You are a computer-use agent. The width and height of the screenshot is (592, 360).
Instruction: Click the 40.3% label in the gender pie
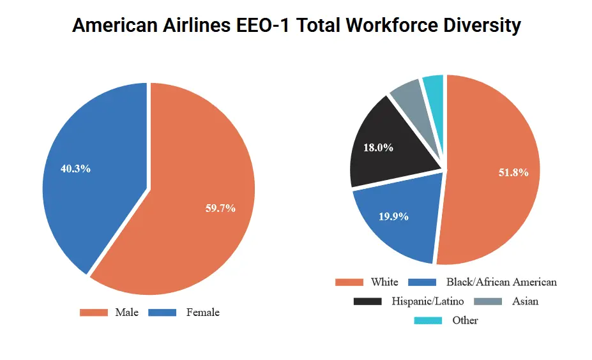coord(75,169)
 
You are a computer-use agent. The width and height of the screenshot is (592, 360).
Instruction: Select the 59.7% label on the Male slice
coord(220,208)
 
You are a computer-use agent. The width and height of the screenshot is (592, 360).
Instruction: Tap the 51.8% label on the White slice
coord(513,172)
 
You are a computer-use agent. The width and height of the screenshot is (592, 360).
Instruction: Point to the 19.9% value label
coord(393,216)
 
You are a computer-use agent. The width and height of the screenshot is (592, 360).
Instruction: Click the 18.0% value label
coord(378,147)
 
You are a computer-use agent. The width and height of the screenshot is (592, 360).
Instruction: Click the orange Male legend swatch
coord(93,313)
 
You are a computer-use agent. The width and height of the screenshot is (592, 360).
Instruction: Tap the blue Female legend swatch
coord(162,313)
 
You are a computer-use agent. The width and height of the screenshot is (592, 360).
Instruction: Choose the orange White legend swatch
coord(349,282)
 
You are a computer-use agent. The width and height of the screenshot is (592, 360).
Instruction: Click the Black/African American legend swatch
coord(421,282)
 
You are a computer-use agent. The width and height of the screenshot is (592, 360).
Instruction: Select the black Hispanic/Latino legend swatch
coord(367,301)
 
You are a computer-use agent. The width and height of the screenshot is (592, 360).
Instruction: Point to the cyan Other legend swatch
coord(428,320)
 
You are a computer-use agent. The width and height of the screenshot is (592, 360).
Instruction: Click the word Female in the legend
coord(202,313)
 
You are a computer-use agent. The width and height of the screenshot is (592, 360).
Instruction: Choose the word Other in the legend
coord(465,320)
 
